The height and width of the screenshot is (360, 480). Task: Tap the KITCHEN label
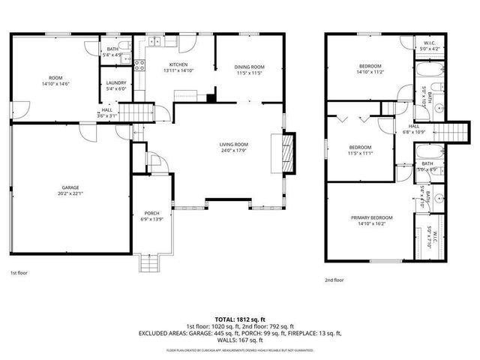[178, 65]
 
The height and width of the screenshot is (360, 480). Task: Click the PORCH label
[151, 213]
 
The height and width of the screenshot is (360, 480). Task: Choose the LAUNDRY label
[115, 82]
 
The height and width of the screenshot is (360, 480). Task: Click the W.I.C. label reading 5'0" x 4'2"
[430, 49]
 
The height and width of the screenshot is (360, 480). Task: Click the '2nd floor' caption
[334, 280]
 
